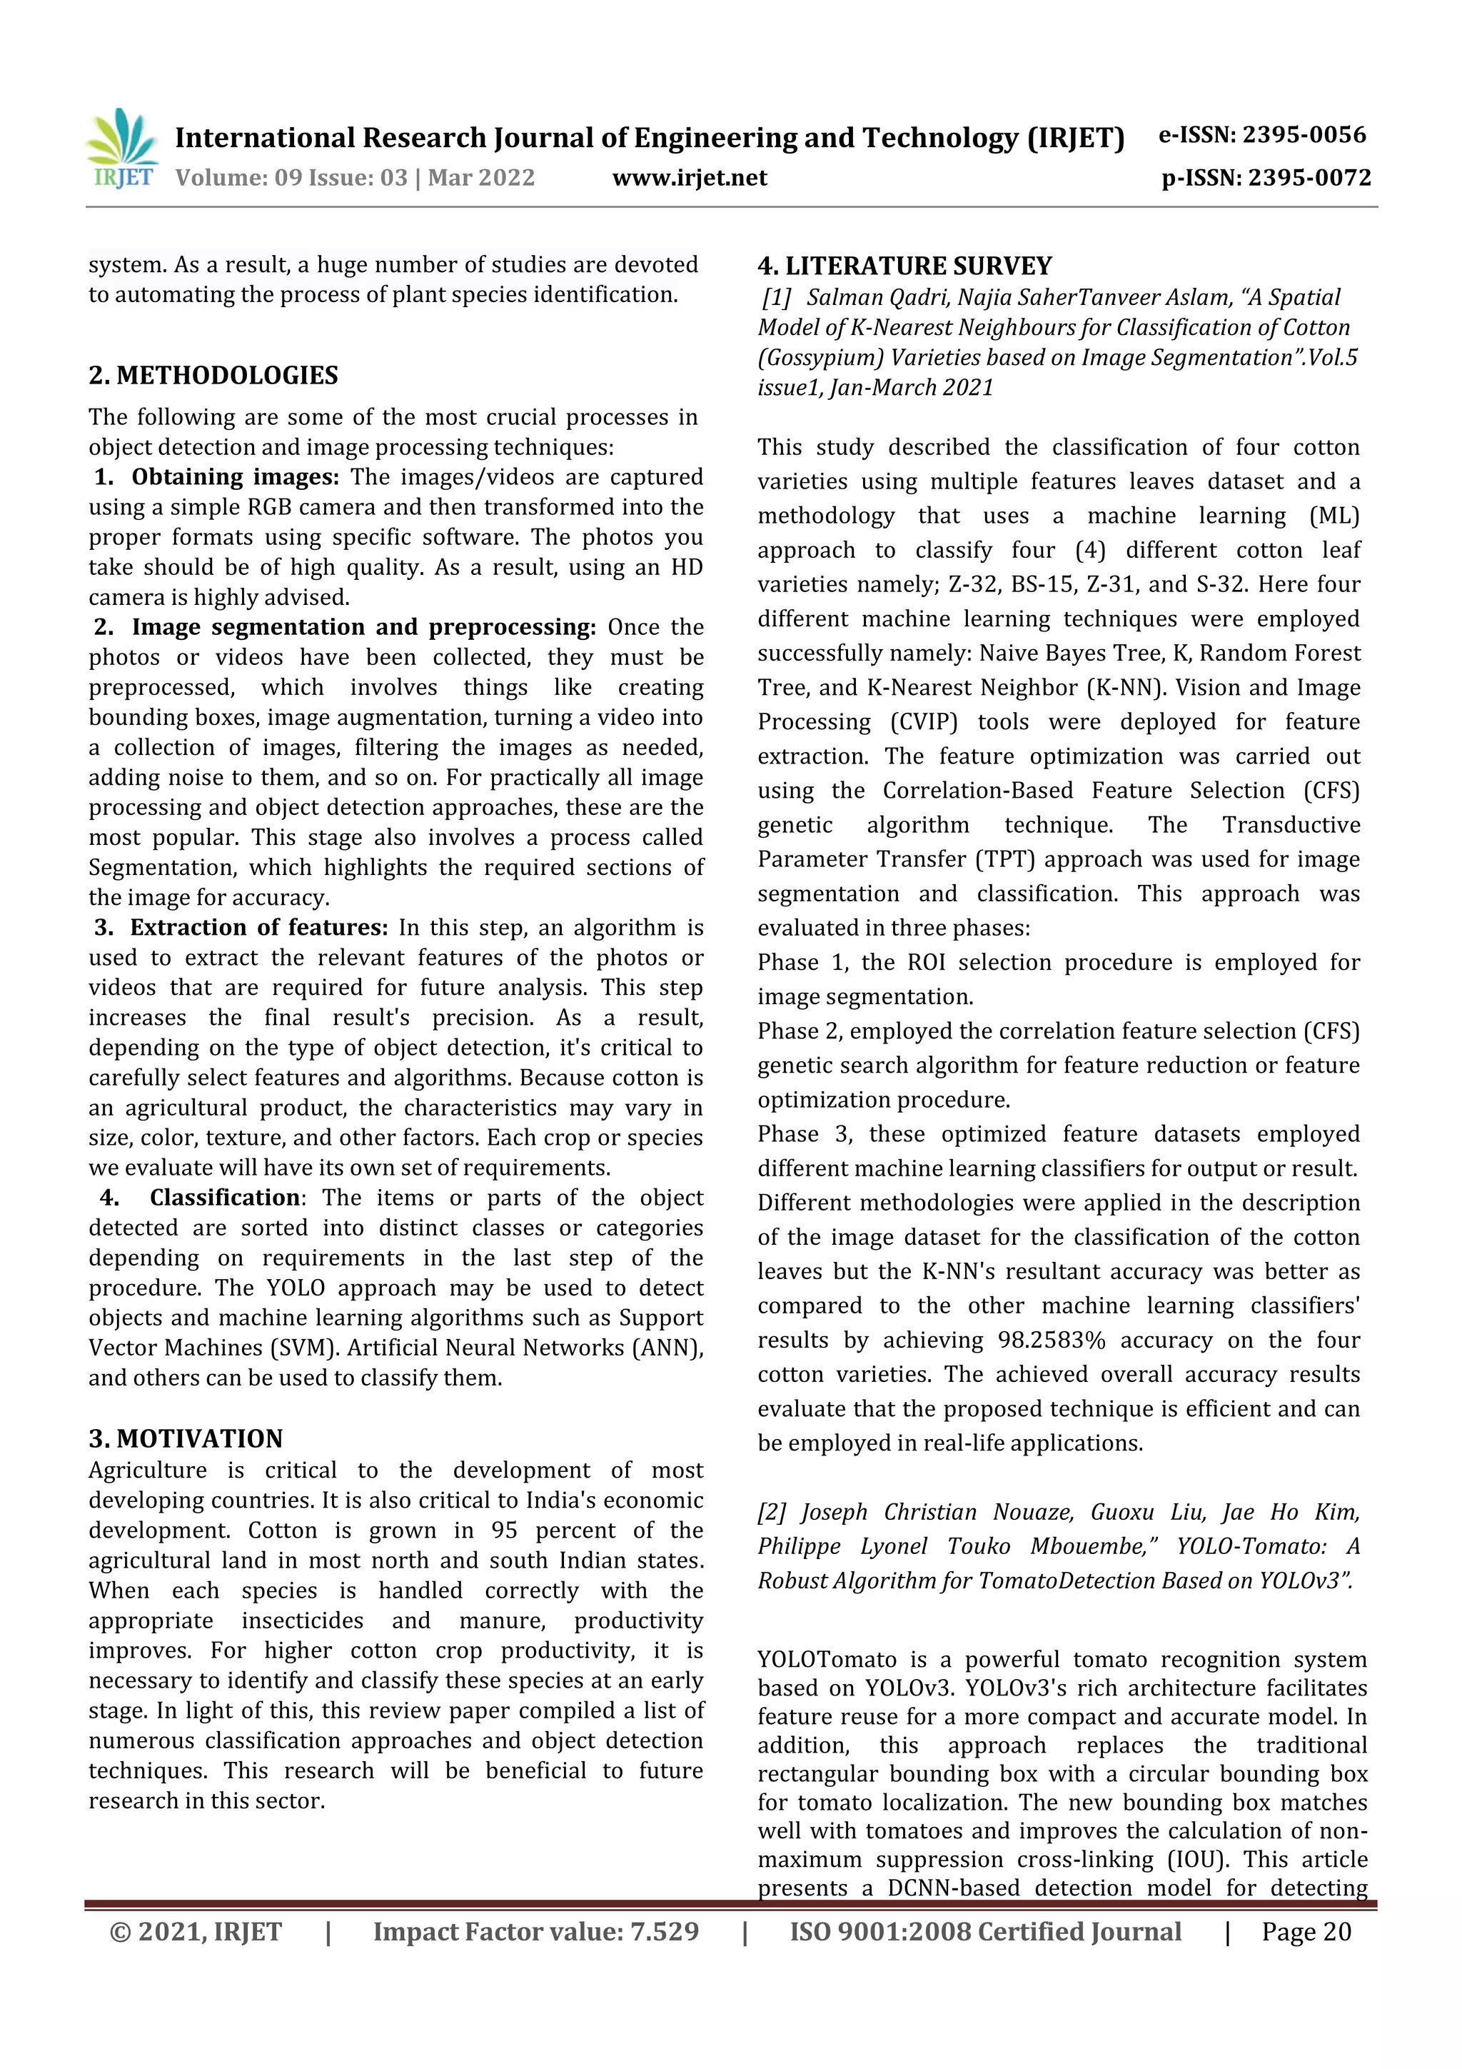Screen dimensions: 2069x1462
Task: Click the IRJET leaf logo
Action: pyautogui.click(x=123, y=147)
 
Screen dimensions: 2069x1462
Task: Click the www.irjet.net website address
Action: pyautogui.click(x=689, y=178)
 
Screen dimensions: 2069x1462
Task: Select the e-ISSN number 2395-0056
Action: pyautogui.click(x=1304, y=135)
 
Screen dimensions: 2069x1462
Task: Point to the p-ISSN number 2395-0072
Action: pyautogui.click(x=1307, y=178)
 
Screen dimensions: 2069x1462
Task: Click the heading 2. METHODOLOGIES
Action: pyautogui.click(x=213, y=375)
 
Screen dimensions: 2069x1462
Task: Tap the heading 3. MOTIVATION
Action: pyautogui.click(x=186, y=1438)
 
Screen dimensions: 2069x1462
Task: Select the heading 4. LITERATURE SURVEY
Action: pyautogui.click(x=904, y=266)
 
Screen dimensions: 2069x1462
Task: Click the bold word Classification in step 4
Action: pyautogui.click(x=224, y=1198)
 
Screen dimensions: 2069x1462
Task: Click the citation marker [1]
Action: pyautogui.click(x=777, y=297)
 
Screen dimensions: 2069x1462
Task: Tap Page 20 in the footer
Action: pyautogui.click(x=1306, y=1931)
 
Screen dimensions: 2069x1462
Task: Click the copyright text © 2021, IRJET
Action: pyautogui.click(x=196, y=1931)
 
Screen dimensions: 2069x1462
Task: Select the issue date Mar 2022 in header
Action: pyautogui.click(x=481, y=178)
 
